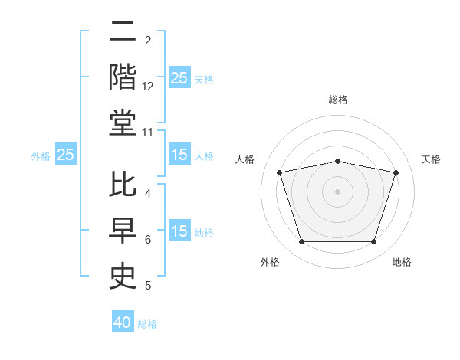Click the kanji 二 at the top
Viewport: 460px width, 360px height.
coord(123,31)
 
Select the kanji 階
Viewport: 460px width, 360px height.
coord(123,77)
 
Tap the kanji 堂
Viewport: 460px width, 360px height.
coord(123,123)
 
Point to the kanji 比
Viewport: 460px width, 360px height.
coord(123,184)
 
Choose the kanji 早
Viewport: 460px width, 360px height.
coord(123,230)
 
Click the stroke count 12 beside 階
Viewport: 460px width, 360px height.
coord(147,87)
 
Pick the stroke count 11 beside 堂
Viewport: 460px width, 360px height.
coord(147,133)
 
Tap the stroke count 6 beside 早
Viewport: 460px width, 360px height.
coord(148,240)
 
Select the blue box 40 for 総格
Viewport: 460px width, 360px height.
coord(123,321)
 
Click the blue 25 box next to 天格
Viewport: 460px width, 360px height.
coord(179,77)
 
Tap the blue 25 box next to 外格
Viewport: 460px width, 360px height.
coord(66,154)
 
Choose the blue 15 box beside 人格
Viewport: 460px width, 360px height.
coord(179,154)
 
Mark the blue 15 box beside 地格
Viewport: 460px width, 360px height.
coord(179,230)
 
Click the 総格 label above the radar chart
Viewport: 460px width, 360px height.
coord(338,100)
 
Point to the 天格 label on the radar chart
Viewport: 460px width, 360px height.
coord(431,159)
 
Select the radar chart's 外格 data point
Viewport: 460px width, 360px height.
coord(302,241)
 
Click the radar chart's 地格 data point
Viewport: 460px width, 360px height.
coord(373,241)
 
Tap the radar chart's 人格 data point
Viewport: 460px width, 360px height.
coord(280,172)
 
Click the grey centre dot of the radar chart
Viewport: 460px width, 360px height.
coord(337,191)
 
